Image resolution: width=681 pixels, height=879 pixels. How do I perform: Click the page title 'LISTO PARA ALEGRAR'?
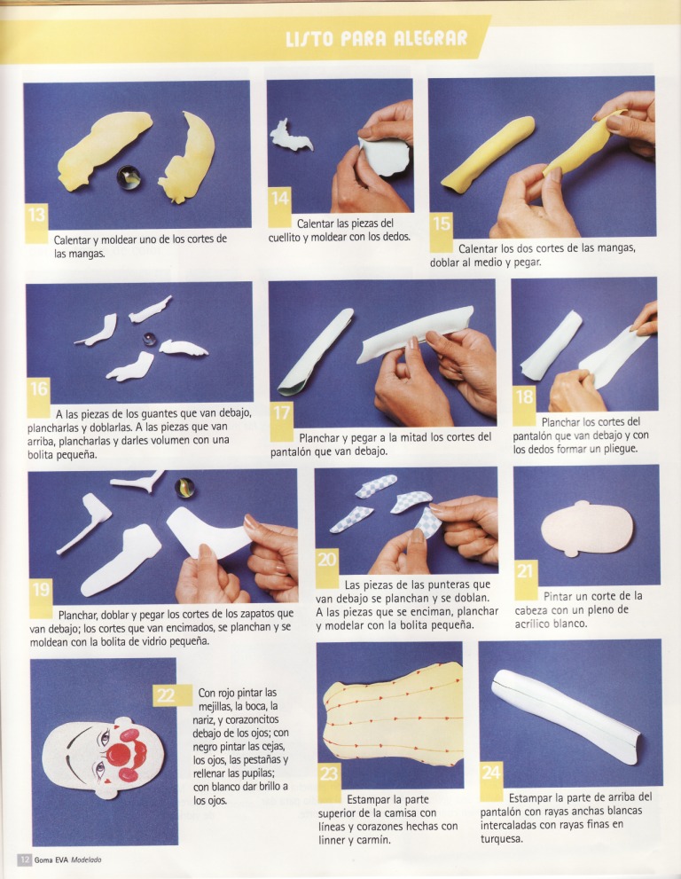(x=376, y=39)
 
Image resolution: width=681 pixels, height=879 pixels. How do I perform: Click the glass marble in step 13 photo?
(x=129, y=177)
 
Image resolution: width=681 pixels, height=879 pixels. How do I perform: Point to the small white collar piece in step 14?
(x=290, y=137)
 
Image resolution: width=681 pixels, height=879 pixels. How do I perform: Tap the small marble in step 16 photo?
(x=149, y=339)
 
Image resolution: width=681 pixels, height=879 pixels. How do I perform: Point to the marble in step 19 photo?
(x=184, y=488)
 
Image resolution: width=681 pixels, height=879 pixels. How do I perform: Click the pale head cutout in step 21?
(x=587, y=528)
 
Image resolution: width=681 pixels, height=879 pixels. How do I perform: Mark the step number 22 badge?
(x=165, y=695)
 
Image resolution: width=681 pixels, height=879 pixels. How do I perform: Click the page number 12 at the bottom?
(x=24, y=860)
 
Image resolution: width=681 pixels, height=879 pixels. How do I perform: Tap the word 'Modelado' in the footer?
(x=86, y=860)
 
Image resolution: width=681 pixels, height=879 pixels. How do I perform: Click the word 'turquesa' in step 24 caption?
(x=502, y=838)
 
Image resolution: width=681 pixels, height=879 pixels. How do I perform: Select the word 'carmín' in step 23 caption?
(x=373, y=840)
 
